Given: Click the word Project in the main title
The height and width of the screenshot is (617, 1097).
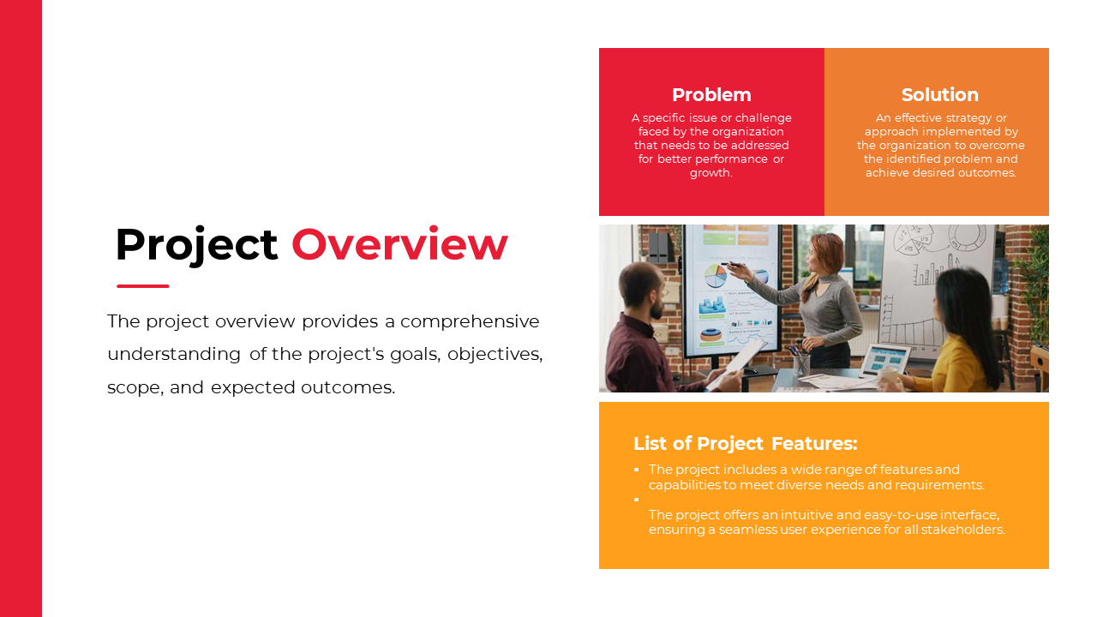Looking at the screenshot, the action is click(x=196, y=245).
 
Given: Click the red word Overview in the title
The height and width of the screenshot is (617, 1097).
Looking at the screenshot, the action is click(x=399, y=243).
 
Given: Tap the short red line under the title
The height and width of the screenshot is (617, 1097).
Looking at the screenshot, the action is click(x=143, y=286).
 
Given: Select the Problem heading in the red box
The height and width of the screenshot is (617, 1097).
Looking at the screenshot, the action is click(x=711, y=95).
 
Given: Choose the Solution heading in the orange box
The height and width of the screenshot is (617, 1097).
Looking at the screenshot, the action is click(x=940, y=95).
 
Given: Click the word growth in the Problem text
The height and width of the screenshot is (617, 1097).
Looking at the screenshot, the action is click(x=710, y=173).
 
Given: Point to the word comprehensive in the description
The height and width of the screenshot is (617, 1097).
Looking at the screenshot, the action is click(x=470, y=321).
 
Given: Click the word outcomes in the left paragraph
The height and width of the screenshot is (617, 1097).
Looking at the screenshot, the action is click(x=348, y=387).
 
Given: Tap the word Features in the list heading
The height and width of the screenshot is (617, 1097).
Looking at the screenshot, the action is click(x=814, y=444).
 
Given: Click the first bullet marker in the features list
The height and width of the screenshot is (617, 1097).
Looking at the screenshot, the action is click(x=636, y=470).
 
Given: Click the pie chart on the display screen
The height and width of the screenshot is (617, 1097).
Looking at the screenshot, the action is click(x=716, y=276).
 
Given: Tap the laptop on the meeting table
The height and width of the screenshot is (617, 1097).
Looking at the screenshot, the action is click(x=885, y=361).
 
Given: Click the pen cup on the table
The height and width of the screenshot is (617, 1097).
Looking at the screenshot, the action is click(x=801, y=364).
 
